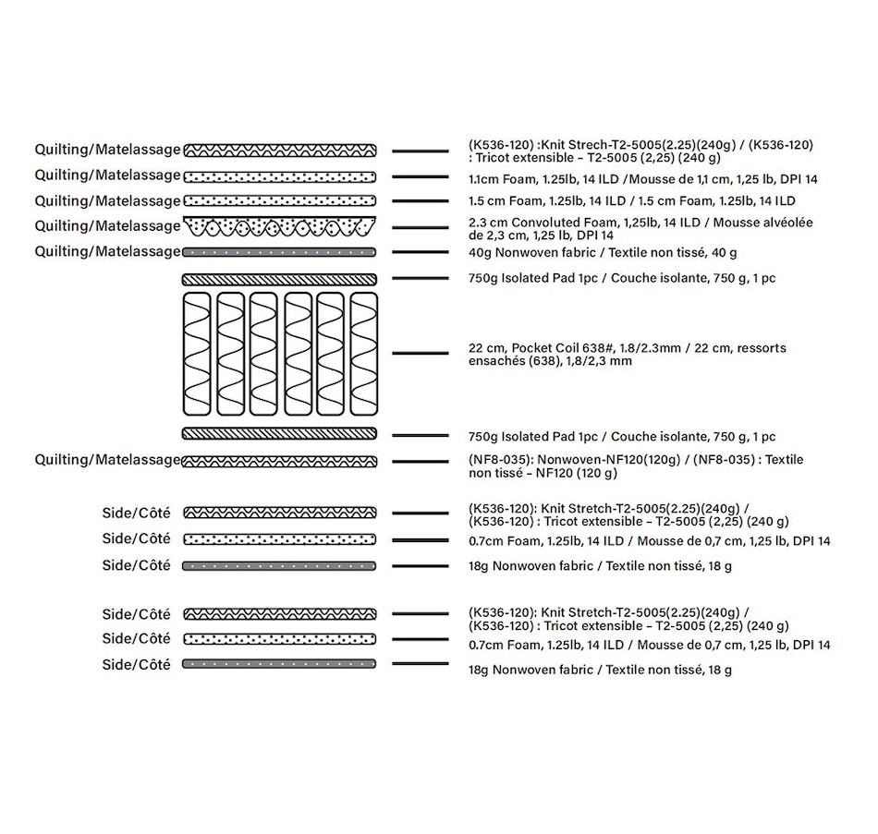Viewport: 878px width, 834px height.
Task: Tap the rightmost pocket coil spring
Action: pyautogui.click(x=364, y=354)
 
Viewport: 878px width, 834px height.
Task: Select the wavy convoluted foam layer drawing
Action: pyautogui.click(x=279, y=226)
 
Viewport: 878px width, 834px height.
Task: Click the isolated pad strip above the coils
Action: pyautogui.click(x=279, y=279)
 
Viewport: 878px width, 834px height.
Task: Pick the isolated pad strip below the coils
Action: pyautogui.click(x=279, y=433)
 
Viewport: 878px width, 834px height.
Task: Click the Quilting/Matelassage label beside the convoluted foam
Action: pyautogui.click(x=107, y=226)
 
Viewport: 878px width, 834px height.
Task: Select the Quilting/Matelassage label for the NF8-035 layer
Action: pyautogui.click(x=107, y=460)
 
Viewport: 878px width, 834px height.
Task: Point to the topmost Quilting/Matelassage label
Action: pyautogui.click(x=107, y=149)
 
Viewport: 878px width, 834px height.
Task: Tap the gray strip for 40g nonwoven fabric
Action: pyautogui.click(x=279, y=251)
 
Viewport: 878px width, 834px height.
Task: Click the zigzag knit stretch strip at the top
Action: pyautogui.click(x=279, y=150)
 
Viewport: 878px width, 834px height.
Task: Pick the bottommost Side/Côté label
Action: pyautogui.click(x=136, y=665)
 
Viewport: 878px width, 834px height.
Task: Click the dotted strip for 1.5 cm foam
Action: pyautogui.click(x=279, y=200)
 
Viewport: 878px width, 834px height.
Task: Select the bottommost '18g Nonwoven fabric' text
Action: pyautogui.click(x=602, y=670)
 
